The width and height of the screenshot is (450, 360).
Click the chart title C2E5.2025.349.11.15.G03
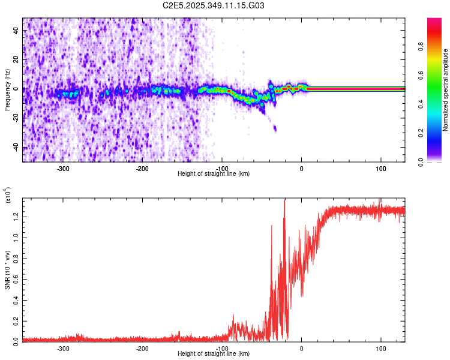pyautogui.click(x=214, y=5)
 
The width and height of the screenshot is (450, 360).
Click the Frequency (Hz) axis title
pyautogui.click(x=7, y=89)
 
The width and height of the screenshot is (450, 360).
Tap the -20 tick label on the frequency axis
pyautogui.click(x=16, y=118)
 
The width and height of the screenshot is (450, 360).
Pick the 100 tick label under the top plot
pyautogui.click(x=381, y=169)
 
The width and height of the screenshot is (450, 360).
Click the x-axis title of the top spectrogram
pyautogui.click(x=214, y=174)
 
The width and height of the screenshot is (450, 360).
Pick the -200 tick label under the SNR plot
pyautogui.click(x=142, y=348)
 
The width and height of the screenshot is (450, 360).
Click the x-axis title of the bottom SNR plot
pyautogui.click(x=214, y=354)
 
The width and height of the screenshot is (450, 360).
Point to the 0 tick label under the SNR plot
pyautogui.click(x=301, y=348)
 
